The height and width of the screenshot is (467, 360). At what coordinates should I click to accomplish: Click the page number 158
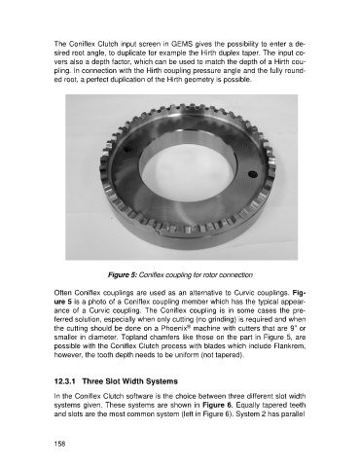tap(59, 444)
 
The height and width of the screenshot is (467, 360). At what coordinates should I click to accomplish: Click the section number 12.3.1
tap(65, 381)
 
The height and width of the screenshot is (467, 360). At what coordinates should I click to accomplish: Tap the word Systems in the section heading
tap(162, 381)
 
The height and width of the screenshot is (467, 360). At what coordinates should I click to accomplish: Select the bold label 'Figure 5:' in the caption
tap(123, 275)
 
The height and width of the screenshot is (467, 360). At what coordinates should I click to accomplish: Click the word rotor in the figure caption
tap(210, 275)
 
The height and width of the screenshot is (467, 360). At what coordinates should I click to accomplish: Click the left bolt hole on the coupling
tap(128, 150)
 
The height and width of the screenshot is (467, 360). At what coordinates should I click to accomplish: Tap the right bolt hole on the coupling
tap(252, 174)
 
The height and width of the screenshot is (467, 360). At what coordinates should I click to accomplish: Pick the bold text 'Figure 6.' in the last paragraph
tap(215, 405)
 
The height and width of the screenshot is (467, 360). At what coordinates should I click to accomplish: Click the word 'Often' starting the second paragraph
tap(61, 293)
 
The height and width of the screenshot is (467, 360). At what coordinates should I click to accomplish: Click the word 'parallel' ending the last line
tap(295, 413)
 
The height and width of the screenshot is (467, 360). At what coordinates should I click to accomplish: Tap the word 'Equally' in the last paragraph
tap(243, 406)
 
